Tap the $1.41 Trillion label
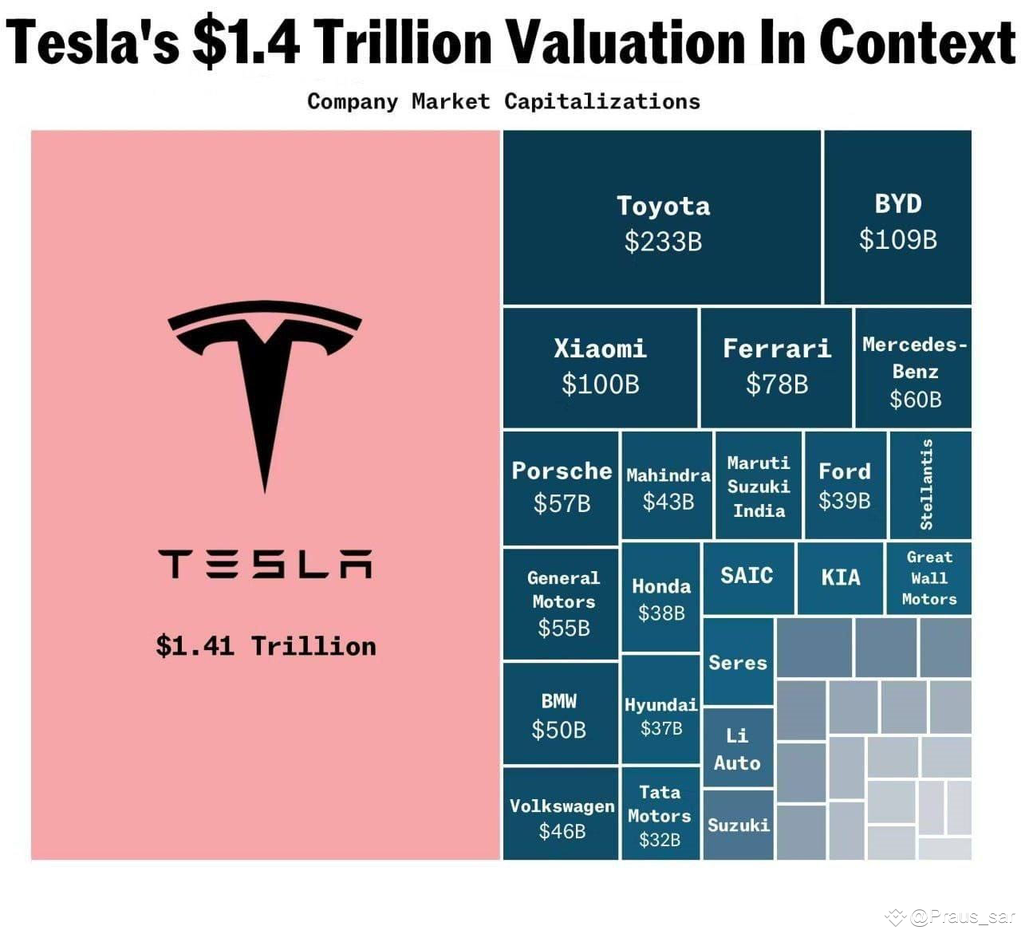[x=266, y=645]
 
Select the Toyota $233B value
[x=663, y=241]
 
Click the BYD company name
[x=898, y=204]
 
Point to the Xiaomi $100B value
[x=600, y=384]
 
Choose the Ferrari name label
[x=776, y=349]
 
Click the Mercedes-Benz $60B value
[x=915, y=399]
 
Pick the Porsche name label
[x=562, y=471]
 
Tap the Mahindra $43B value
[x=668, y=502]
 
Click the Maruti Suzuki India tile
[x=759, y=487]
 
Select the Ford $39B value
[x=844, y=500]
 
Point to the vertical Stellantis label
[x=927, y=484]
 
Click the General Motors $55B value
[x=563, y=629]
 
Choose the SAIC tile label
[x=747, y=575]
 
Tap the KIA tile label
[x=841, y=577]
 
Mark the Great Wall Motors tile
[x=929, y=578]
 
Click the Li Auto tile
[x=737, y=749]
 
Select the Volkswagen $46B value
[x=562, y=831]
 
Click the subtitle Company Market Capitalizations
[x=503, y=101]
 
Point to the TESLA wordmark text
[x=266, y=563]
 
